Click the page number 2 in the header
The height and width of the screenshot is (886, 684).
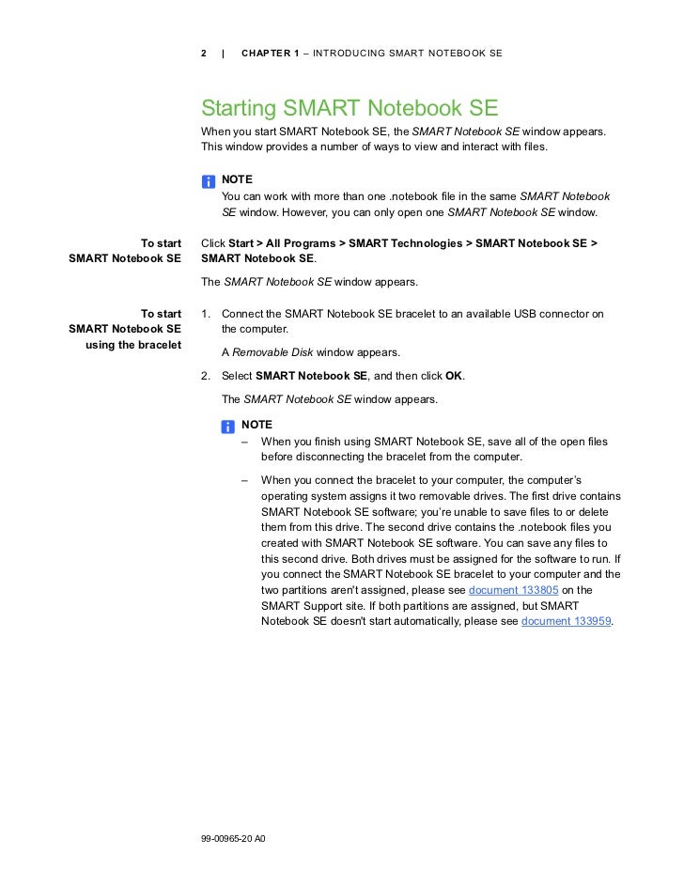(205, 53)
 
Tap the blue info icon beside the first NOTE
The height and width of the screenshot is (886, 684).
(208, 180)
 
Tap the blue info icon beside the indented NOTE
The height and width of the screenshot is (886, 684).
(228, 427)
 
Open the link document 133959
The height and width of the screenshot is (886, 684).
(565, 622)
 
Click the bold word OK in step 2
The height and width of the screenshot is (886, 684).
(454, 376)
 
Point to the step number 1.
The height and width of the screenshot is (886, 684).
(205, 314)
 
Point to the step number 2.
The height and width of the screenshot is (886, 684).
(205, 376)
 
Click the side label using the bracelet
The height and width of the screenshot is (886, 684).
(132, 345)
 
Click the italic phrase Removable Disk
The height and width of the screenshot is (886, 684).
(272, 353)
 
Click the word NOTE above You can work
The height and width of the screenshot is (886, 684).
(237, 179)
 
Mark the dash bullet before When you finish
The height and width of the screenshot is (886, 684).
(244, 442)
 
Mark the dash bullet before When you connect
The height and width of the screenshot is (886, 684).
(244, 480)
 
